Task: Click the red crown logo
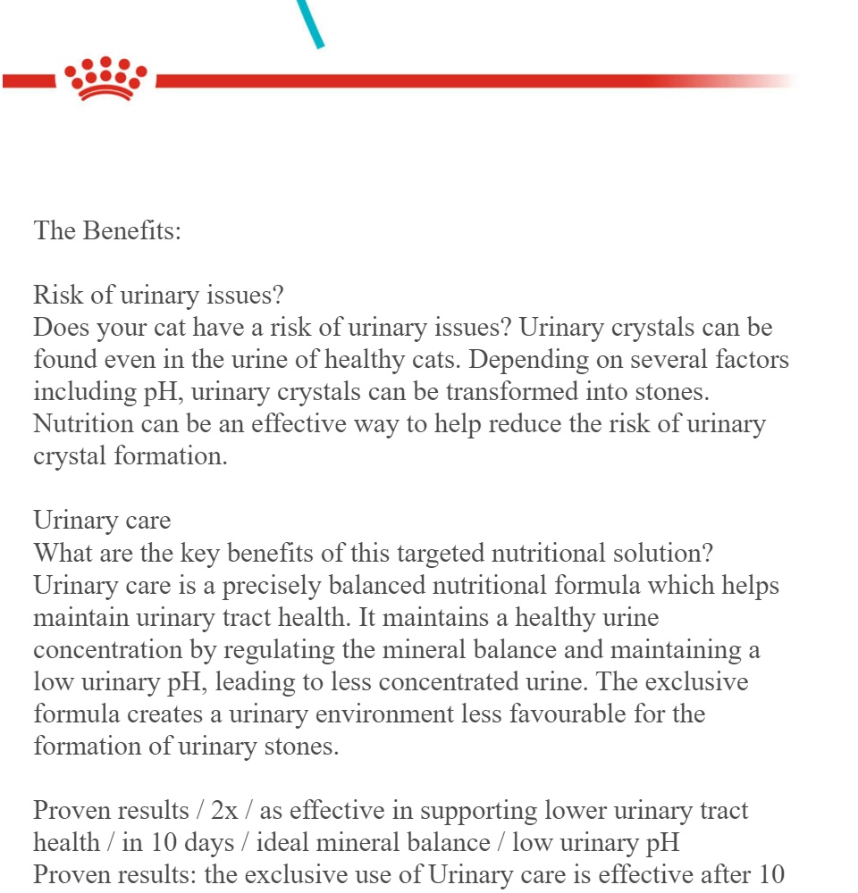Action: point(107,79)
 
